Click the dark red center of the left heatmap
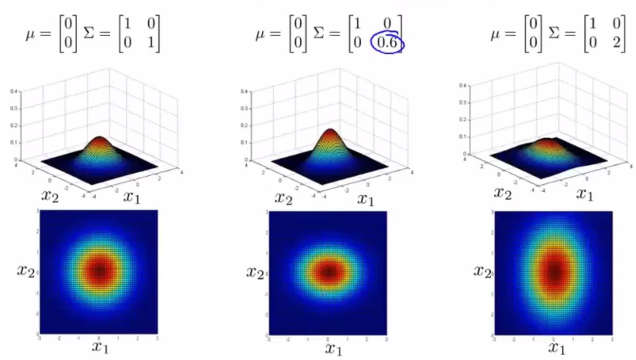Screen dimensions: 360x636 (99, 271)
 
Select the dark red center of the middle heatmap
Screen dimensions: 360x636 (328, 272)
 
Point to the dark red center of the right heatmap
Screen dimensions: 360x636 (554, 272)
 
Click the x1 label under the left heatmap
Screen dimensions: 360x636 (99, 347)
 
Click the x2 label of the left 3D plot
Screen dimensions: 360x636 (51, 196)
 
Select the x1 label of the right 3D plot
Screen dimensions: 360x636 (583, 194)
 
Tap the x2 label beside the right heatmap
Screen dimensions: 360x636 (481, 271)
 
